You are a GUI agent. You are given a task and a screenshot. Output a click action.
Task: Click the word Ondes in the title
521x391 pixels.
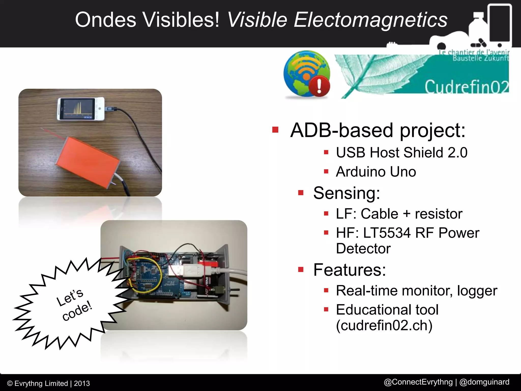pyautogui.click(x=106, y=20)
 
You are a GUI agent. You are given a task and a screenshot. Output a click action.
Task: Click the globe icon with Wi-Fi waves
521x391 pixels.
pyautogui.click(x=304, y=73)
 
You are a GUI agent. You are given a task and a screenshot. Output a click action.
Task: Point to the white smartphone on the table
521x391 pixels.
pyautogui.click(x=81, y=109)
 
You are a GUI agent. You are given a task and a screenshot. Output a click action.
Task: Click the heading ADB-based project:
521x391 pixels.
pyautogui.click(x=378, y=130)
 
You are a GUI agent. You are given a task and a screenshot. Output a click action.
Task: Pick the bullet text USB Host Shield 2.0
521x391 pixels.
pyautogui.click(x=401, y=152)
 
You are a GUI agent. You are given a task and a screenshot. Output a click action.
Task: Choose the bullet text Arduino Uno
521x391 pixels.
pyautogui.click(x=376, y=172)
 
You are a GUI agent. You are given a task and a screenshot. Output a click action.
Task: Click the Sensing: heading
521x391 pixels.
pyautogui.click(x=346, y=193)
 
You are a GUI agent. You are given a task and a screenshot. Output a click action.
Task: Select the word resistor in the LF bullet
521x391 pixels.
pyautogui.click(x=438, y=214)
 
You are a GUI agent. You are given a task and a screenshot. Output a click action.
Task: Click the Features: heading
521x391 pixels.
pyautogui.click(x=349, y=270)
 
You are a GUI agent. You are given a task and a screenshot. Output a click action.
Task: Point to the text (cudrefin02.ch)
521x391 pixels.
pyautogui.click(x=384, y=325)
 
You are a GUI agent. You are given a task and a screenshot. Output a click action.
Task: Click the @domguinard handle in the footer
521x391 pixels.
pyautogui.click(x=484, y=382)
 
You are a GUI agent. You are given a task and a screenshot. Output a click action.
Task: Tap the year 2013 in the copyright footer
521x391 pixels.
pyautogui.click(x=82, y=383)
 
